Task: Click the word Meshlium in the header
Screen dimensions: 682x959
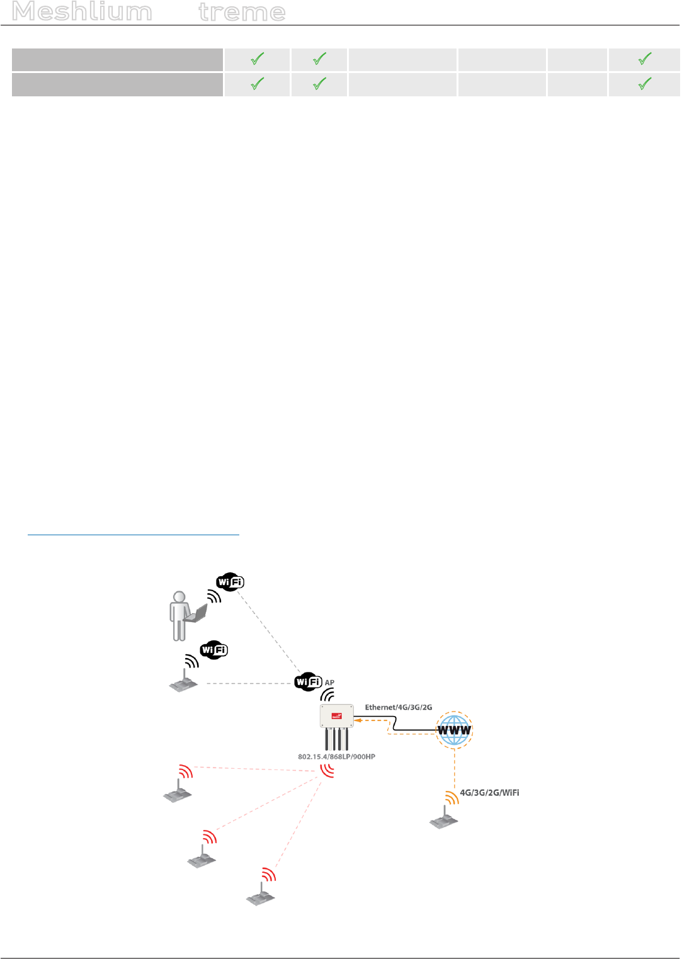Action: click(82, 12)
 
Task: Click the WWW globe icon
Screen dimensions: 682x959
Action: click(454, 730)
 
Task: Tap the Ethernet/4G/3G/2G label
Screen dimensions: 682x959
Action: click(399, 707)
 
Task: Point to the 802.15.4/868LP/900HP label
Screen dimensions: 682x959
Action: click(336, 757)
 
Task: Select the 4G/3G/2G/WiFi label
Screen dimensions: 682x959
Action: click(489, 793)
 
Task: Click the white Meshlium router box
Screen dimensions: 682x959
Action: click(336, 716)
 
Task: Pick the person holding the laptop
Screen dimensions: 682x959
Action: click(179, 615)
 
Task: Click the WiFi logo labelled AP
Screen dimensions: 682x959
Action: click(309, 681)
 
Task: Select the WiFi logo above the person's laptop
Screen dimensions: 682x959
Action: click(230, 582)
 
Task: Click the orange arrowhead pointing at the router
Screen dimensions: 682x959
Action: click(358, 720)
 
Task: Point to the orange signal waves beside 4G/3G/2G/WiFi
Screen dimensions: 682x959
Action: click(452, 798)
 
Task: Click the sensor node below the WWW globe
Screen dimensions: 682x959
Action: click(444, 819)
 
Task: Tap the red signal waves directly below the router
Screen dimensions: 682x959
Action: click(327, 770)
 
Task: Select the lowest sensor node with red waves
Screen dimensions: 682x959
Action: click(261, 895)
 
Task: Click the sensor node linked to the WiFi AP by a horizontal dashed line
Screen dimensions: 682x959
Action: click(183, 683)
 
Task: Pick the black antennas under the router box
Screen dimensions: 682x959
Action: click(336, 739)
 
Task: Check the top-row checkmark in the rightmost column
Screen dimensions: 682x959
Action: click(644, 59)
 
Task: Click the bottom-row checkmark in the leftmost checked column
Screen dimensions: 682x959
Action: click(257, 84)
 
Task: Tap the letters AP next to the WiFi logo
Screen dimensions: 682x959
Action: click(329, 683)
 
